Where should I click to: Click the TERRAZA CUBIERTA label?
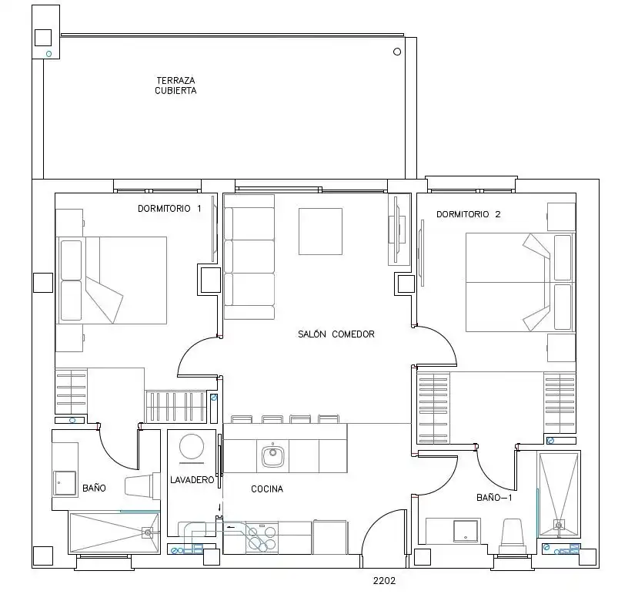point(175,86)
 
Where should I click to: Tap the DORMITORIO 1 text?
point(169,208)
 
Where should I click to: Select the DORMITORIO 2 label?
point(468,214)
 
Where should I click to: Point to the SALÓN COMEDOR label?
point(336,334)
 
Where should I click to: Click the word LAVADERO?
point(192,480)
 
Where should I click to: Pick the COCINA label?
point(267,489)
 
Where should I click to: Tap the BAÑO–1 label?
point(494,498)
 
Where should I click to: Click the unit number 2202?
point(384,580)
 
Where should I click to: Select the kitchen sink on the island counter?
point(272,456)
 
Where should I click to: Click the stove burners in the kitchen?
point(262,538)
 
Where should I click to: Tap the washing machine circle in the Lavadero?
point(192,446)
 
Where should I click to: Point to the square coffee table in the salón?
point(320,232)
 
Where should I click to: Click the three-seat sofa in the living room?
point(249,257)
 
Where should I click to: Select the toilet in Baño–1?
point(512,536)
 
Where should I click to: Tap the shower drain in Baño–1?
point(559,525)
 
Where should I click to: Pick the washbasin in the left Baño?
point(65,483)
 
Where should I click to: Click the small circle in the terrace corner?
point(397,52)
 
